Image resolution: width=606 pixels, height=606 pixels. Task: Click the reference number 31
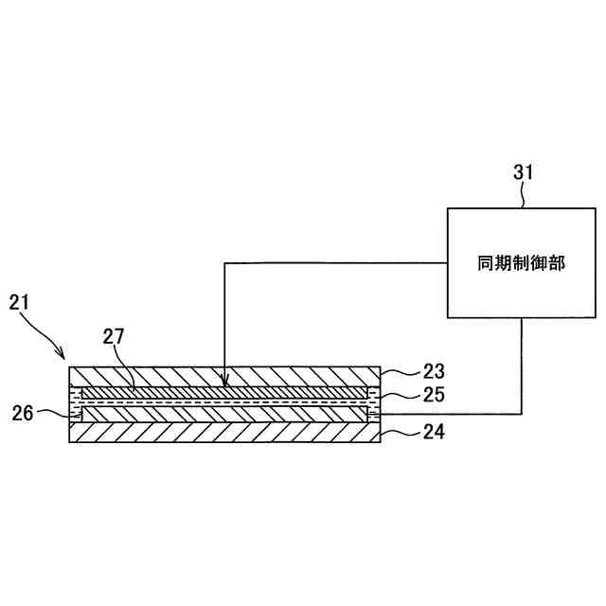pos(524,172)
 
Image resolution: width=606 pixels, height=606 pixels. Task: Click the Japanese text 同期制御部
pos(522,264)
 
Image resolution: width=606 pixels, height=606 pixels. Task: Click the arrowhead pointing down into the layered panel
pos(224,383)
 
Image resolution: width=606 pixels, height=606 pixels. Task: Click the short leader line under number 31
pos(524,196)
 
